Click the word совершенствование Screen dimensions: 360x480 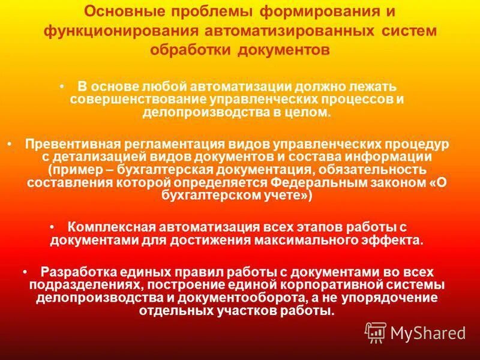pyautogui.click(x=136, y=99)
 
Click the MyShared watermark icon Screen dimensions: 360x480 pyautogui.click(x=375, y=332)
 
